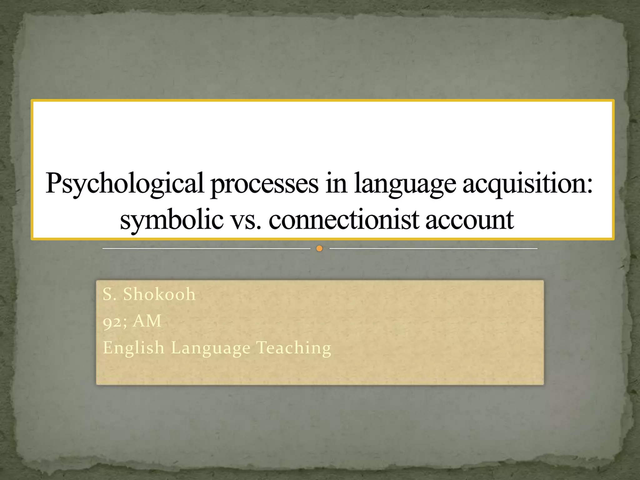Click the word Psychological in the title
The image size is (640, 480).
(x=125, y=184)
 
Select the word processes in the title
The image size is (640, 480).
(x=265, y=185)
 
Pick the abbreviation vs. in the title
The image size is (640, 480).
(x=246, y=220)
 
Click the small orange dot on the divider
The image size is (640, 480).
(x=319, y=249)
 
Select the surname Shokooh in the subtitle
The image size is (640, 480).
(x=159, y=294)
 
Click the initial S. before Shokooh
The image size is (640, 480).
(x=110, y=294)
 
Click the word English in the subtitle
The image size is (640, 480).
(x=133, y=348)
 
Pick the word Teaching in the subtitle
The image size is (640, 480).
(x=293, y=348)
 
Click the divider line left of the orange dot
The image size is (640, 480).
(x=206, y=249)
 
